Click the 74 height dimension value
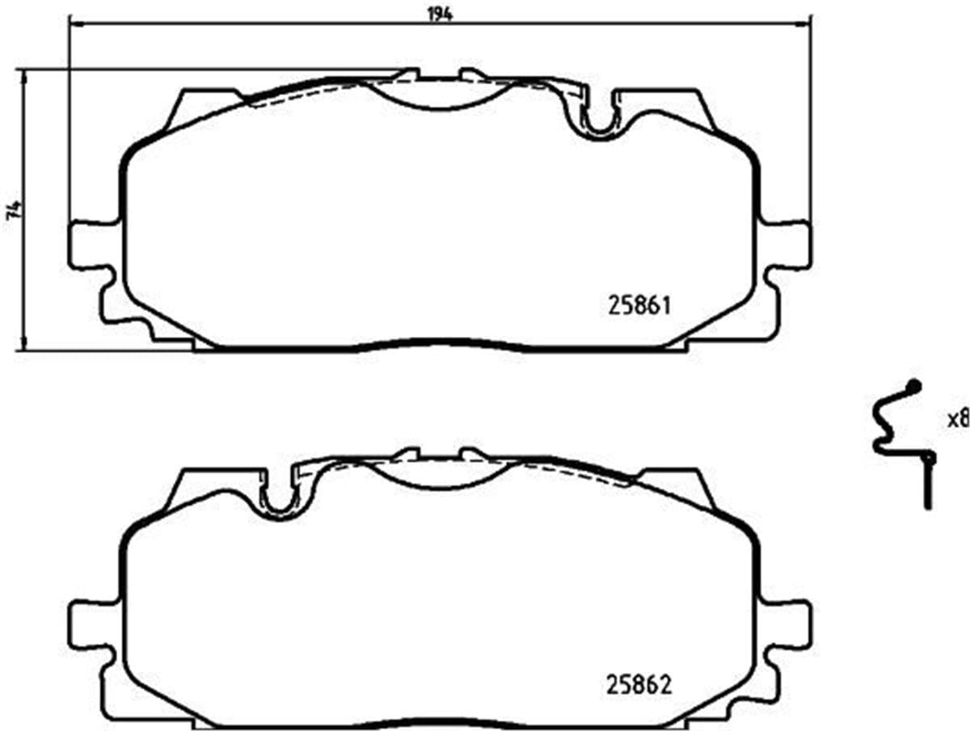(x=12, y=210)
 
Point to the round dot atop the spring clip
(x=914, y=386)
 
